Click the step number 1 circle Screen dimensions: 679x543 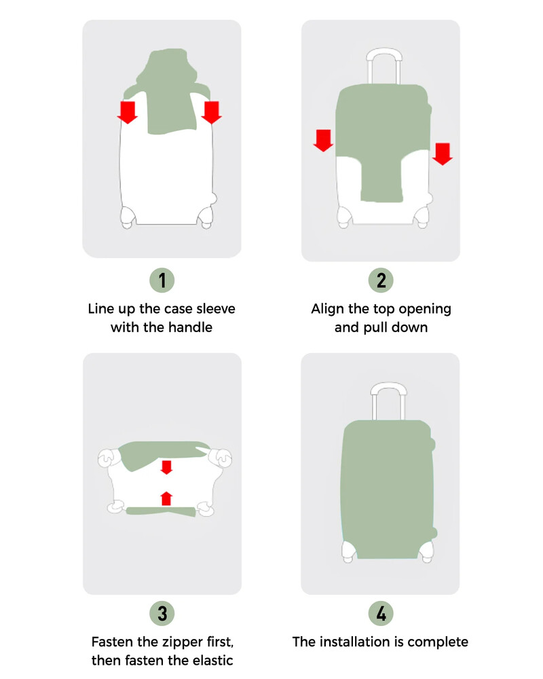162,280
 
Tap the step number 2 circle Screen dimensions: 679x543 381,280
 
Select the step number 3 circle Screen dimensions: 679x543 162,614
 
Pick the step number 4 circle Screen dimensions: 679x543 381,614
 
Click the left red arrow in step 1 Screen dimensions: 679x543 127,112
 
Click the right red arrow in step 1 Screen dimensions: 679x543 212,112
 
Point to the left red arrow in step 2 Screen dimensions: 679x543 324,140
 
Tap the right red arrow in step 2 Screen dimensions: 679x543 443,153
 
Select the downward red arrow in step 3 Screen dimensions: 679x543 166,467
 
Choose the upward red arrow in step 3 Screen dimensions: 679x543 166,498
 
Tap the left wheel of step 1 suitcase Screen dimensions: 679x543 127,218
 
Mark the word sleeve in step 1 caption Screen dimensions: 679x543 215,309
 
